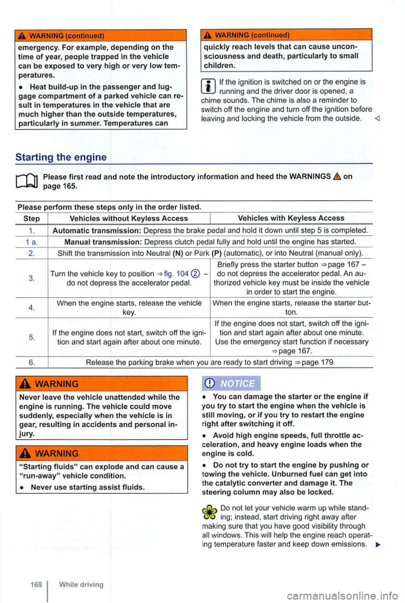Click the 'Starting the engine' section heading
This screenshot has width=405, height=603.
click(x=61, y=157)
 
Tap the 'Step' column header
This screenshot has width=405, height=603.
click(x=32, y=218)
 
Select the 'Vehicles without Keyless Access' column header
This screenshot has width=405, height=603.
click(x=129, y=218)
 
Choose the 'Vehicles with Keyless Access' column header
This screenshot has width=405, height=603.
click(x=291, y=218)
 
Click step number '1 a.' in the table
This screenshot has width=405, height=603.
click(x=32, y=242)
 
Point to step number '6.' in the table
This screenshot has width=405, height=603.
click(x=32, y=362)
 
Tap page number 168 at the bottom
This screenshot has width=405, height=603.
click(x=36, y=584)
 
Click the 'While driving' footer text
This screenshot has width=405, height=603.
click(x=81, y=584)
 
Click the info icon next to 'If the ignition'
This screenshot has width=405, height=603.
click(x=210, y=86)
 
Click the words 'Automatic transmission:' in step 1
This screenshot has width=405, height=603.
click(x=97, y=230)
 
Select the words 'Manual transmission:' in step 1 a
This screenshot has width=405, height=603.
click(x=103, y=242)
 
